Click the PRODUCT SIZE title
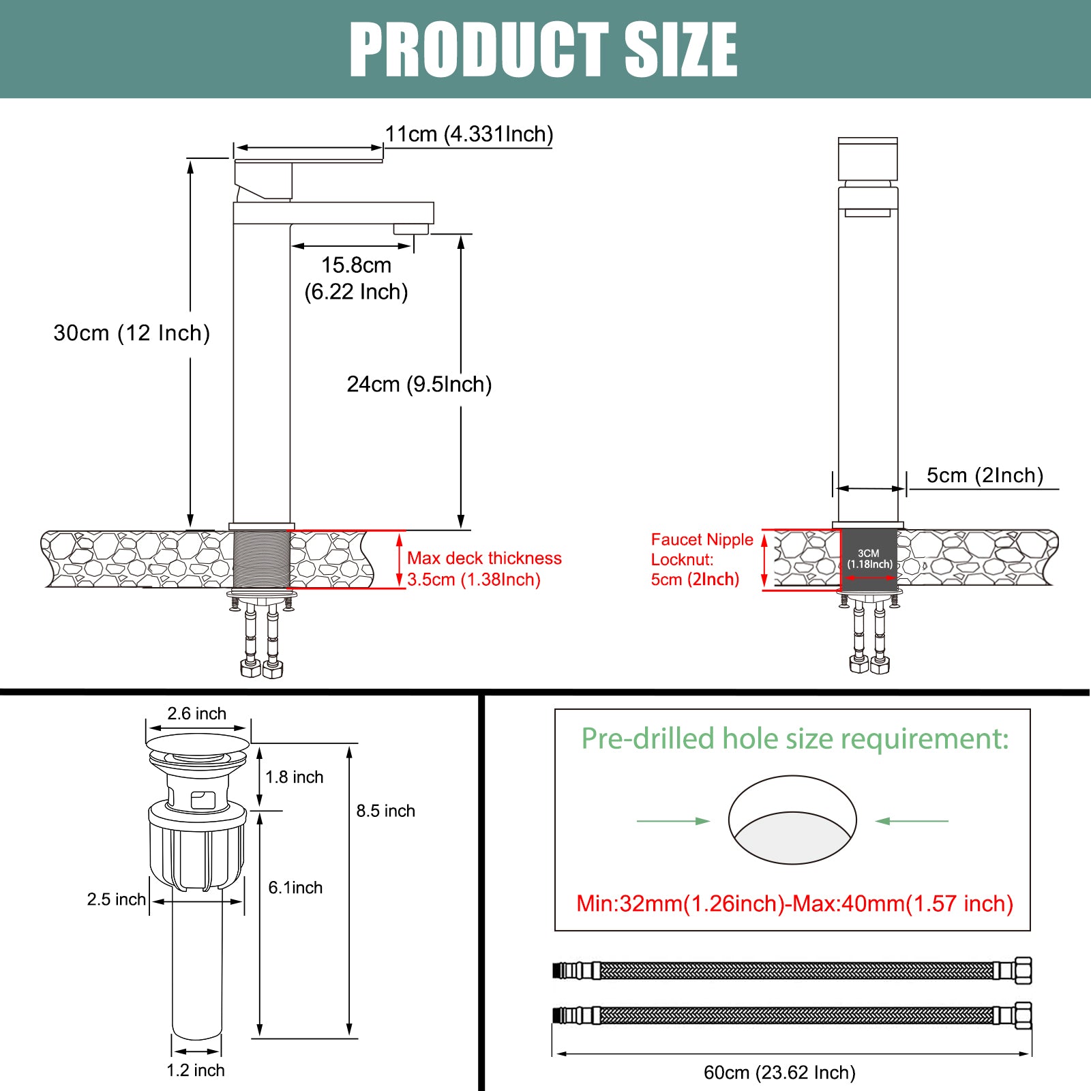(x=543, y=49)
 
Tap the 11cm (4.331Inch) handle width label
(x=469, y=134)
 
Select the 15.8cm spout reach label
(x=357, y=265)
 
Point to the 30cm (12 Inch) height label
(x=132, y=333)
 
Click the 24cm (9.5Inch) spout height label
(x=419, y=385)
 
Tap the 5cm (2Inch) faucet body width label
(x=985, y=475)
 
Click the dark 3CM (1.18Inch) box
(x=869, y=560)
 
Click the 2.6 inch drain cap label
(x=197, y=714)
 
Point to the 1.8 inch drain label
(x=294, y=777)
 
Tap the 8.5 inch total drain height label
(x=385, y=811)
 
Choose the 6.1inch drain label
(x=295, y=888)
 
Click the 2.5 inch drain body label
(x=117, y=899)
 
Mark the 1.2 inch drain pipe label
(x=196, y=1071)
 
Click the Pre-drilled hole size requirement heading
(x=794, y=739)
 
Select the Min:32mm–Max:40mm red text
(x=795, y=903)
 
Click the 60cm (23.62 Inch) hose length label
(x=779, y=1073)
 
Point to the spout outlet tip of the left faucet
(x=411, y=229)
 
